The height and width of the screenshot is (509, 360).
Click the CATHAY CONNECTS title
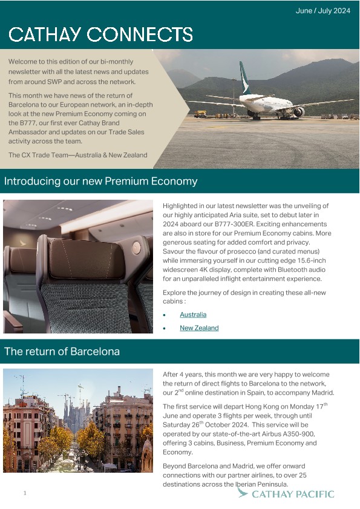pyautogui.click(x=100, y=34)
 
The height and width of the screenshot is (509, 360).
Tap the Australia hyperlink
pyautogui.click(x=193, y=315)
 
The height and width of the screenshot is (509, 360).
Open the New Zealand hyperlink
pyautogui.click(x=199, y=328)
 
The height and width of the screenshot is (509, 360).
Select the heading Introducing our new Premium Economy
pyautogui.click(x=100, y=181)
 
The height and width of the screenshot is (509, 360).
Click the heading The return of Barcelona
pyautogui.click(x=62, y=351)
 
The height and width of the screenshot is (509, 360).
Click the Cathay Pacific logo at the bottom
pyautogui.click(x=286, y=494)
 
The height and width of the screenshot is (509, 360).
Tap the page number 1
pyautogui.click(x=25, y=494)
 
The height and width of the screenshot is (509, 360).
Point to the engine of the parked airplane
pyautogui.click(x=298, y=112)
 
